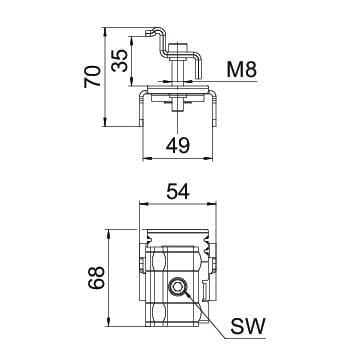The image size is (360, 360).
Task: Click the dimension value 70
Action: (x=92, y=77)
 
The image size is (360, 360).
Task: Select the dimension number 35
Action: (x=120, y=60)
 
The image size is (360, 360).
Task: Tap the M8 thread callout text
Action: (x=242, y=70)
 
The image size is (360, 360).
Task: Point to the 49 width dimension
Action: (x=178, y=145)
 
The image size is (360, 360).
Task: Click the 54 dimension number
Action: (x=178, y=192)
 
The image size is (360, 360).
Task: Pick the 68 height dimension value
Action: (x=97, y=277)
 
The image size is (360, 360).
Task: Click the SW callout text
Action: (x=248, y=326)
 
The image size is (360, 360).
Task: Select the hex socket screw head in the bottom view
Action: (x=176, y=286)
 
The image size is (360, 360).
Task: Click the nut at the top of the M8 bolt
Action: (x=177, y=48)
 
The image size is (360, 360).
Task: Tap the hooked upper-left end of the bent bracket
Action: (x=149, y=32)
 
